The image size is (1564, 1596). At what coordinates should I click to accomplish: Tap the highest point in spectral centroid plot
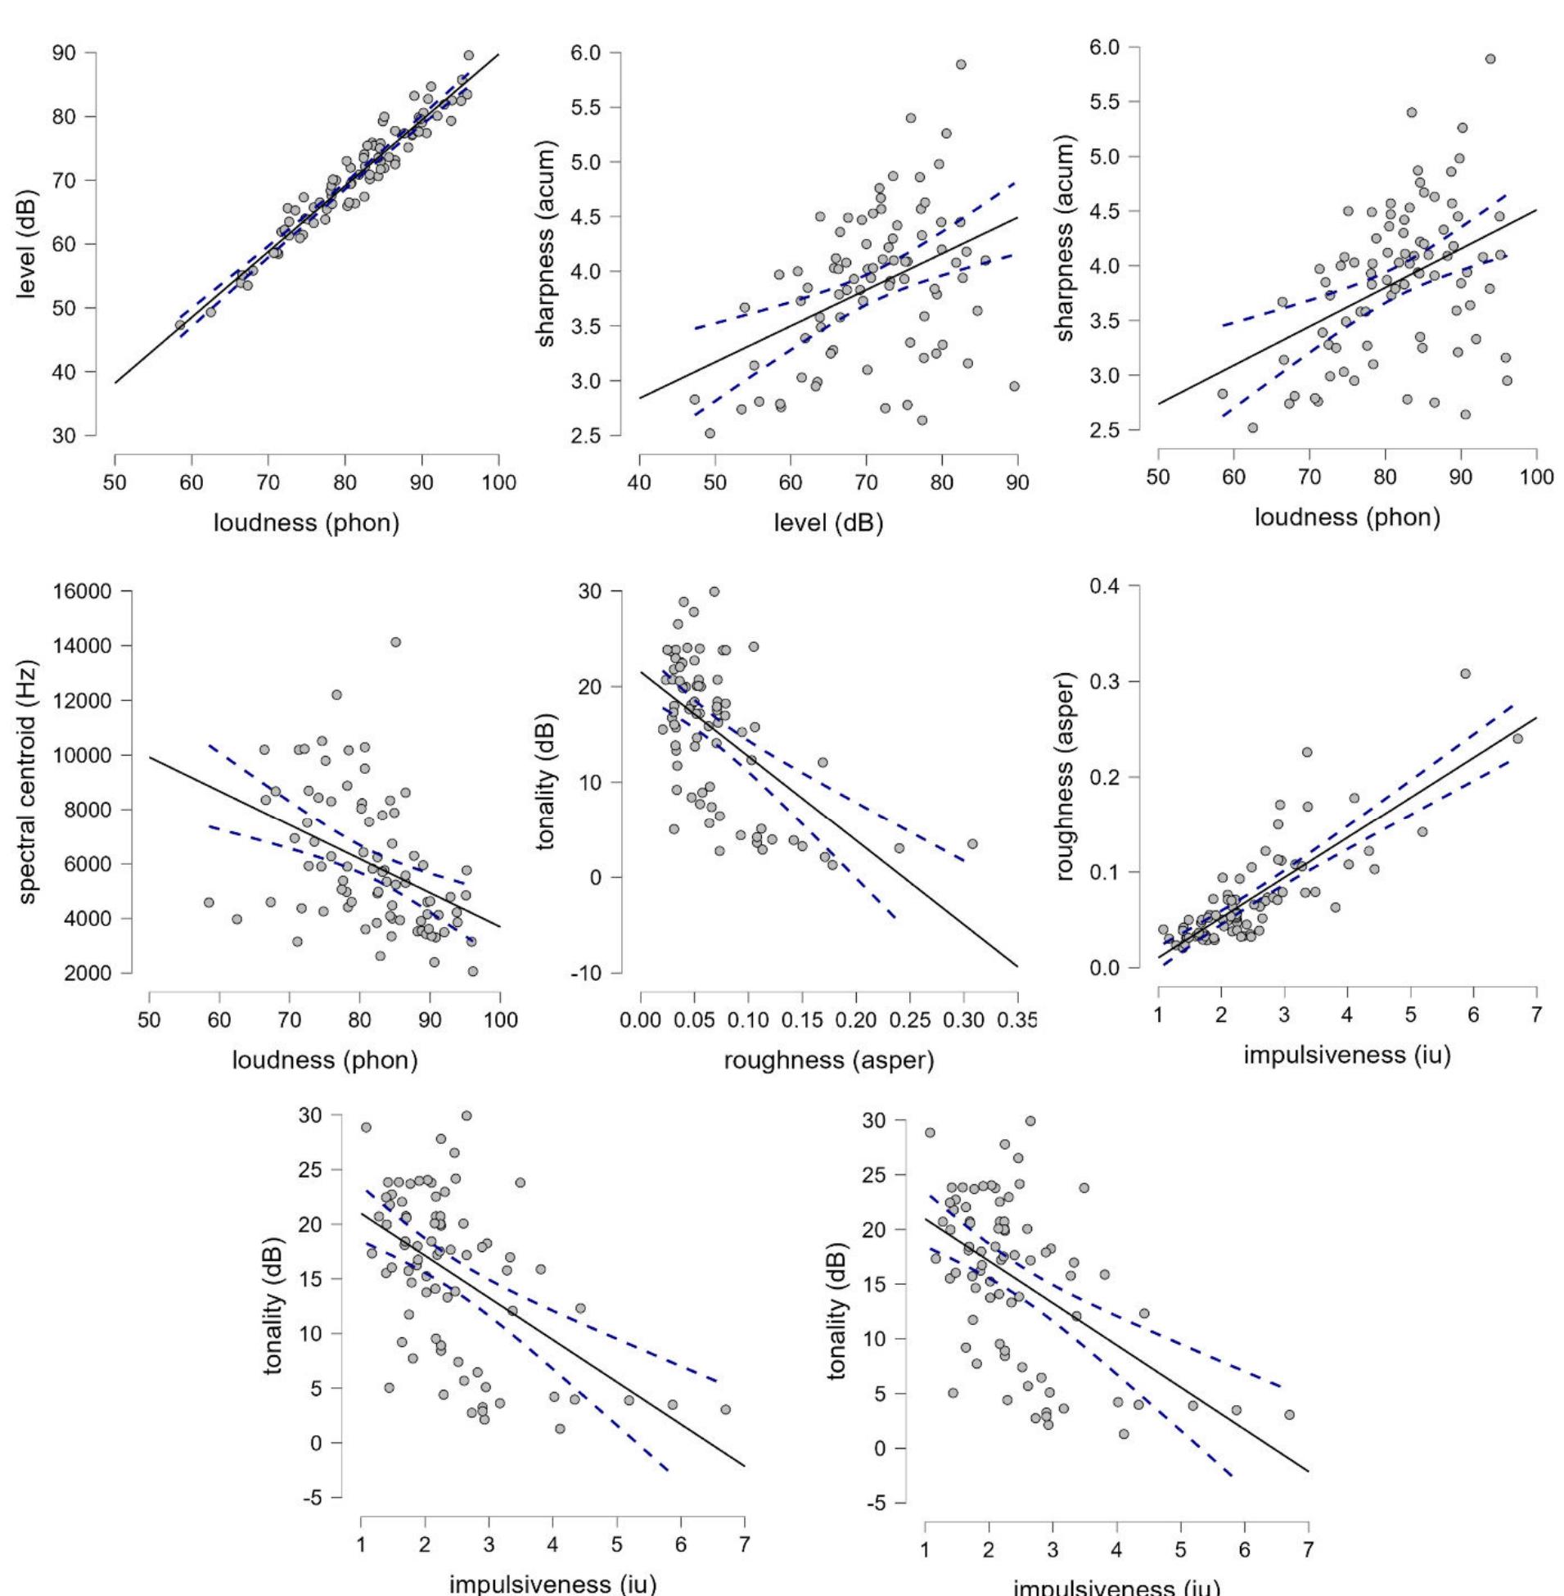(x=395, y=642)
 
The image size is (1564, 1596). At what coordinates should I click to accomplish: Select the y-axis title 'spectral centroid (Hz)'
(x=29, y=781)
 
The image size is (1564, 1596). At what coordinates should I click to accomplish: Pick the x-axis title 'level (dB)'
(x=828, y=522)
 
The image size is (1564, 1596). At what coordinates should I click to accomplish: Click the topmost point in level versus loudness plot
(x=468, y=55)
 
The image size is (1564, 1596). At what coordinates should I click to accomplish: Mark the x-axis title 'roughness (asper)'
(x=828, y=1060)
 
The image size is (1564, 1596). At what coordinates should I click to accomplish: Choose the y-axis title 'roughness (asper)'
(x=1066, y=778)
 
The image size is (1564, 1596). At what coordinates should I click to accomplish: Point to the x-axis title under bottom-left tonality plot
(x=552, y=1581)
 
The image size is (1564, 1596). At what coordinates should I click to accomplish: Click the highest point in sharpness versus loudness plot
(x=1490, y=59)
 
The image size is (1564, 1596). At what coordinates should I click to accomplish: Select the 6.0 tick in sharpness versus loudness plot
(x=1109, y=47)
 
